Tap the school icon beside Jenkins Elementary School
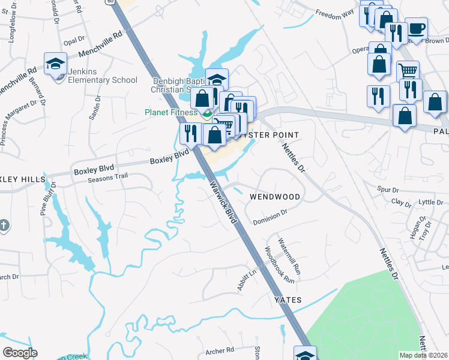point(55,63)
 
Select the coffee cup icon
point(416,28)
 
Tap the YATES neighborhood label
point(288,299)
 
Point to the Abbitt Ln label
point(246,279)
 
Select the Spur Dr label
point(388,189)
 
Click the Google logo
point(20,353)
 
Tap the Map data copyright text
point(423,355)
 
